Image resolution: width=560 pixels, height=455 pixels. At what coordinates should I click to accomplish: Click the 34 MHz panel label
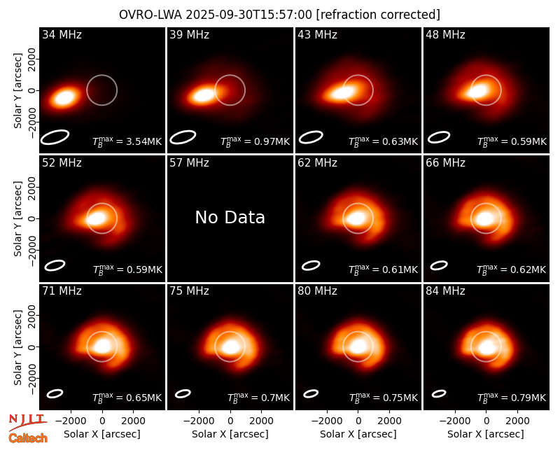pos(62,34)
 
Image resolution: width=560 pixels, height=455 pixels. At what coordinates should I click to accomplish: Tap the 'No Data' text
pos(230,217)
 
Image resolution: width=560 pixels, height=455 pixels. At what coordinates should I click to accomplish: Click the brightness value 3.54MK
pos(139,141)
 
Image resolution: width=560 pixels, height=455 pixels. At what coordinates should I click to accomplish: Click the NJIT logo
pos(27,422)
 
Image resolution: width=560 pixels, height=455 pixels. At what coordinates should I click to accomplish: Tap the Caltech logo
pos(28,438)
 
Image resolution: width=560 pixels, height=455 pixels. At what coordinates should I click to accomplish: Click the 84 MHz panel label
pos(445,291)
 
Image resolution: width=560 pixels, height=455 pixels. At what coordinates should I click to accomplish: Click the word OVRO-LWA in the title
pos(150,15)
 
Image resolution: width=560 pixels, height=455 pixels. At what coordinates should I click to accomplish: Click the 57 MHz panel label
pos(189,163)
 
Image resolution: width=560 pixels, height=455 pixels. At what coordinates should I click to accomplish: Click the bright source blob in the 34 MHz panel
pos(64,97)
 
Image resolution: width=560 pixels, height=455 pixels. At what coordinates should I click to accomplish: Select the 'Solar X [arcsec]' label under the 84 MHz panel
pos(486,434)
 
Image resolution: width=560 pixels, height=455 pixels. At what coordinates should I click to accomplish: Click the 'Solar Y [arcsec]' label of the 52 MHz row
pos(18,218)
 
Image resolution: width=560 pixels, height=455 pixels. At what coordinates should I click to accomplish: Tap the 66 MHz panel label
pos(445,163)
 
